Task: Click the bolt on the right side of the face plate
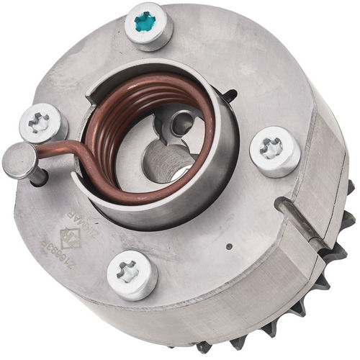tap(274, 150)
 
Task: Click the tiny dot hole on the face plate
tap(229, 246)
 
